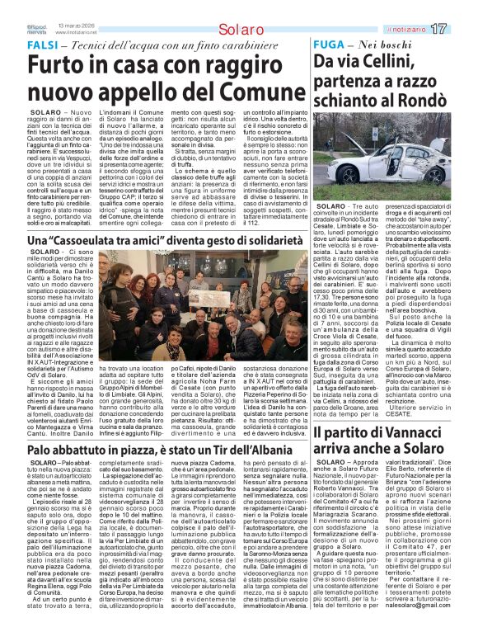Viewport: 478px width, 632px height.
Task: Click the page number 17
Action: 461,29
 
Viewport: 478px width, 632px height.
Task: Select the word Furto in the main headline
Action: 59,64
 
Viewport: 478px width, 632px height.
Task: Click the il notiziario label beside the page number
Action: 428,30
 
